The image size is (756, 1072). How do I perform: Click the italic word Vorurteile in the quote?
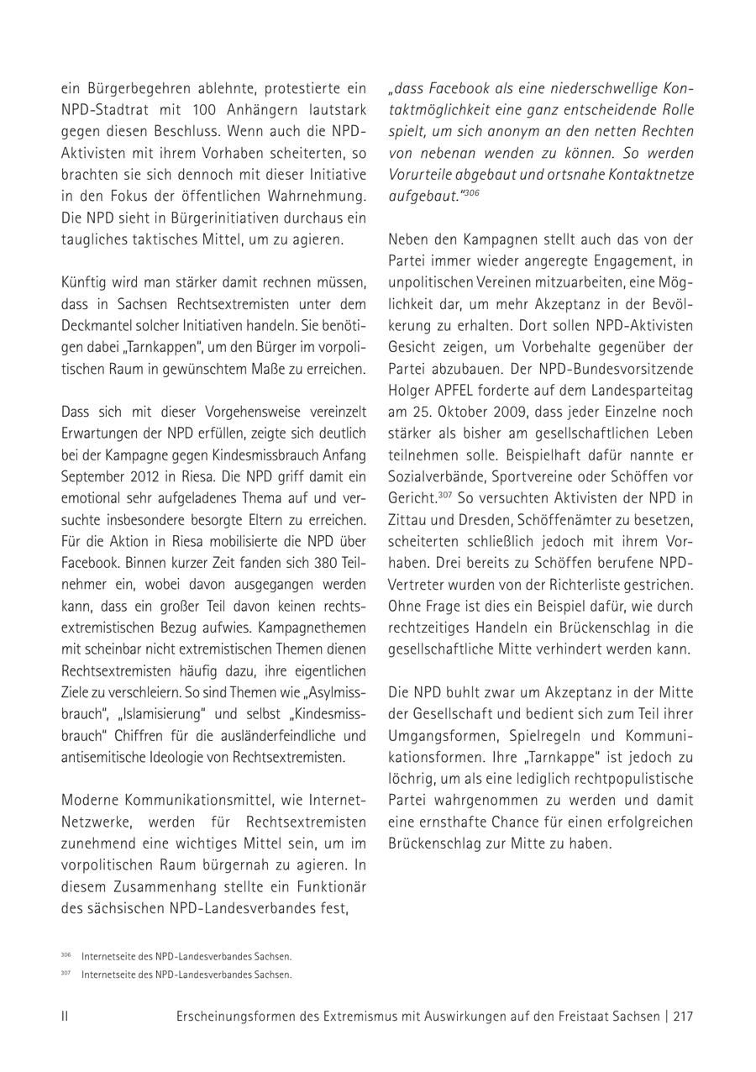(x=421, y=176)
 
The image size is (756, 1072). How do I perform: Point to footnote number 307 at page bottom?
(x=66, y=974)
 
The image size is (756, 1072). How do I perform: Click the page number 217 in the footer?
(x=683, y=1016)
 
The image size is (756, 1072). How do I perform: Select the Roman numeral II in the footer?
(x=65, y=1016)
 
